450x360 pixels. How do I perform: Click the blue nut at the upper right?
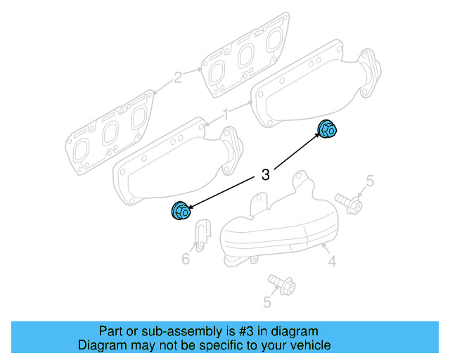[x=327, y=130]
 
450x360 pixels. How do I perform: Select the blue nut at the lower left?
[x=181, y=210]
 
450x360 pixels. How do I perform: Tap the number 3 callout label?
[x=265, y=175]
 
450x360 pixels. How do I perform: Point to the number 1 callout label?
[x=226, y=114]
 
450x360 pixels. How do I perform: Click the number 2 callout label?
[x=178, y=77]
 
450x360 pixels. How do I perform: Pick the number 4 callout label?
[x=332, y=262]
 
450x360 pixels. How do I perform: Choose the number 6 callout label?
[x=186, y=259]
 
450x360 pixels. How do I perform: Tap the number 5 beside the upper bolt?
[x=370, y=183]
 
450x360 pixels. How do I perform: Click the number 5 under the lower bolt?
[x=267, y=302]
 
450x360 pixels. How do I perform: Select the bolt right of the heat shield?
[x=349, y=204]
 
